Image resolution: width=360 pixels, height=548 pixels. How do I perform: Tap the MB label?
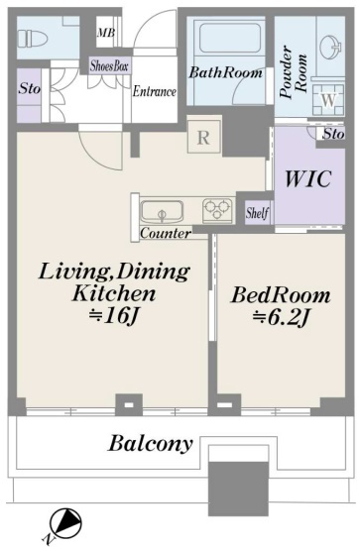pos(106,33)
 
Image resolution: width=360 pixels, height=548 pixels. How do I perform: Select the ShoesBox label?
pos(109,66)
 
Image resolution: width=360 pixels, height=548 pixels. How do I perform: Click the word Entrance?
pos(155,91)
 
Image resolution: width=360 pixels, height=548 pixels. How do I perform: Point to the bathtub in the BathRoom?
pos(230,38)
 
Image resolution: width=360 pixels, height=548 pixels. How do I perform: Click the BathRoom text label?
pos(225,72)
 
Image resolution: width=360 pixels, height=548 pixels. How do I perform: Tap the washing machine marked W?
pos(328,100)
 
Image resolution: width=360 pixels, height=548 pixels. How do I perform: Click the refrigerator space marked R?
pos(204,137)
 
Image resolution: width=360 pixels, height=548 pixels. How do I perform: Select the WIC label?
pos(307,178)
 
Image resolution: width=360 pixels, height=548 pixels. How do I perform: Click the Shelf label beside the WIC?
pos(257,213)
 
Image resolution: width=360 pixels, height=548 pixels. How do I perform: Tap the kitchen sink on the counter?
pos(162,212)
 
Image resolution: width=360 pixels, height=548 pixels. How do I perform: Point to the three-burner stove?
pos(217,209)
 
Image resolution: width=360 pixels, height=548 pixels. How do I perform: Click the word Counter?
pos(166,233)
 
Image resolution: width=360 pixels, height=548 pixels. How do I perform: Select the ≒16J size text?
pos(114,317)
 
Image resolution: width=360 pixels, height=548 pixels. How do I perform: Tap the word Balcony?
pos(151,444)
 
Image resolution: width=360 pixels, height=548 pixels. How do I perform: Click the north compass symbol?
pos(65,523)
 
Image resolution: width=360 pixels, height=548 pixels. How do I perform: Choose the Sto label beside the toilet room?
pos(30,88)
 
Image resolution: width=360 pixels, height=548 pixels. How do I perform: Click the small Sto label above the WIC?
pos(334,134)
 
